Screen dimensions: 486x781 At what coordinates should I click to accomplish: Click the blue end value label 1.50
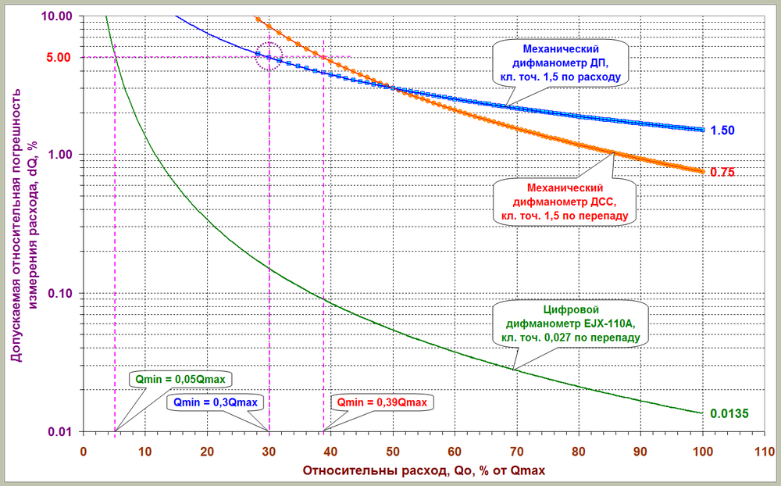click(x=722, y=130)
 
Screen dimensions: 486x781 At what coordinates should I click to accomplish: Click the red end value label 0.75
click(x=722, y=172)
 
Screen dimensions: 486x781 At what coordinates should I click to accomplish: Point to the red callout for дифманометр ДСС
click(x=563, y=200)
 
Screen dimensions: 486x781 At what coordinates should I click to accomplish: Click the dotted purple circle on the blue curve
click(x=269, y=56)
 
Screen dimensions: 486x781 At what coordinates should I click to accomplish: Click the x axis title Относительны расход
click(x=423, y=471)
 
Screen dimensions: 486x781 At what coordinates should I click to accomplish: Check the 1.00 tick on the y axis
click(x=59, y=155)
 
